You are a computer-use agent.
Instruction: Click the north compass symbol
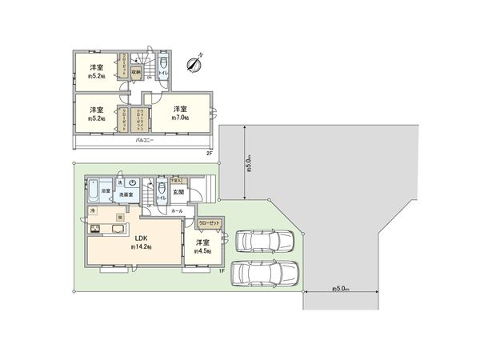tap(194, 64)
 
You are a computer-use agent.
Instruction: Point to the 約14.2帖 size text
tap(142, 248)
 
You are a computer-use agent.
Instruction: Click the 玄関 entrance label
tap(180, 192)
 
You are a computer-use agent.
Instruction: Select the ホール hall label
tap(177, 210)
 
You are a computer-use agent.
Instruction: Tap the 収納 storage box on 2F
tap(137, 72)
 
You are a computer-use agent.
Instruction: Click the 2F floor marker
tap(209, 152)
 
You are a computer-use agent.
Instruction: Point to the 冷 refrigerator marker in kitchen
tap(93, 210)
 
